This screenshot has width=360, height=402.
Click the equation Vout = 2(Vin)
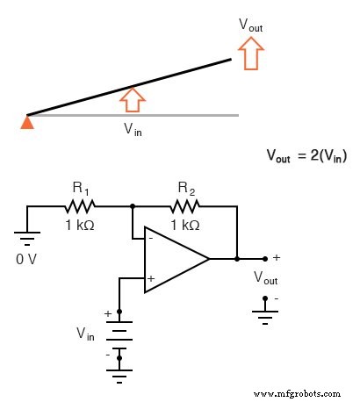tap(306, 155)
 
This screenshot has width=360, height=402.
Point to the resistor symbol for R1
tap(80, 207)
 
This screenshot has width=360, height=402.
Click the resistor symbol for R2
tap(185, 207)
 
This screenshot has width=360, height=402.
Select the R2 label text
tap(186, 188)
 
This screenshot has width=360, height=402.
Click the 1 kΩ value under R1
tap(81, 225)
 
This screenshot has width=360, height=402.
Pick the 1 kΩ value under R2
tap(185, 225)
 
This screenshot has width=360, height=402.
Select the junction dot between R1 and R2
tap(133, 207)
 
